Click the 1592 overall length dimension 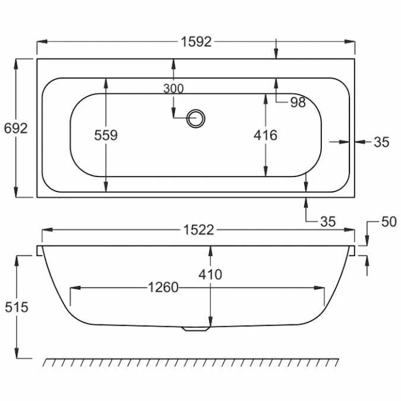tap(195, 42)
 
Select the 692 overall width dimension tap(15, 128)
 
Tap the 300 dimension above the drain tap(173, 89)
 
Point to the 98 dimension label tap(298, 102)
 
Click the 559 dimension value tap(106, 135)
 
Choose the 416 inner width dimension tap(265, 135)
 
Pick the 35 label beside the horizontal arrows tap(381, 141)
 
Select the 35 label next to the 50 tap(328, 222)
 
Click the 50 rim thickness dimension tap(388, 222)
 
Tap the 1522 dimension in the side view tap(198, 230)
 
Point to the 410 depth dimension tap(210, 274)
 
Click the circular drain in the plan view tap(195, 118)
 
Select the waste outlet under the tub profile tap(195, 328)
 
